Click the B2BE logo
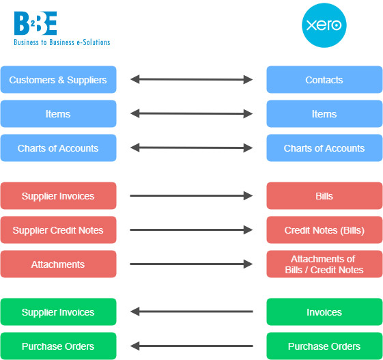point(62,29)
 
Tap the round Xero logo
point(324,25)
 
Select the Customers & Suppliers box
point(59,79)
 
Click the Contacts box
point(324,79)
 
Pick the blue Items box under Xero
point(324,113)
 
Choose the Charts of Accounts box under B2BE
point(59,148)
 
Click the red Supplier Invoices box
point(59,195)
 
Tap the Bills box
point(324,195)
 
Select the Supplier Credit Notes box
point(59,230)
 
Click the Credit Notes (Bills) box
point(324,230)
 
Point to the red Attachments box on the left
point(59,264)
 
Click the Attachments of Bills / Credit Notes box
point(324,264)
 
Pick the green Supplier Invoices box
point(59,312)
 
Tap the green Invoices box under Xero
point(324,312)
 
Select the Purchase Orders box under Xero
point(324,346)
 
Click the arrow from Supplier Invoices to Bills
point(191,195)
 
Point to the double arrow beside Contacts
point(191,79)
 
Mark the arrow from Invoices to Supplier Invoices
point(191,311)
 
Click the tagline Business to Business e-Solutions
point(62,42)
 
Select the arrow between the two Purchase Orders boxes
point(191,346)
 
